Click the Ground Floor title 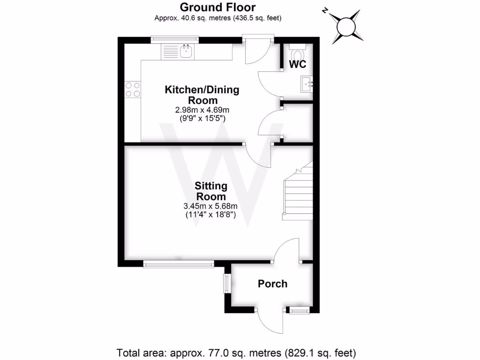(x=218, y=7)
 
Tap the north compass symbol (x=346, y=26)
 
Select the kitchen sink (x=186, y=51)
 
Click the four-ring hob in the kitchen (x=132, y=89)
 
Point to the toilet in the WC (x=297, y=51)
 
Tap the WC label (x=298, y=65)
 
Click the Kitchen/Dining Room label (x=202, y=94)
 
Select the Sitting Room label (x=210, y=191)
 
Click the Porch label (x=272, y=284)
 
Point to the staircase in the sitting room (x=297, y=192)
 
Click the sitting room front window (x=179, y=265)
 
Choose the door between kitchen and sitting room (x=259, y=156)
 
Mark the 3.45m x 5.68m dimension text (x=210, y=206)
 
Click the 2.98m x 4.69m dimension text (x=202, y=110)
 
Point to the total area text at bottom (x=236, y=352)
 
